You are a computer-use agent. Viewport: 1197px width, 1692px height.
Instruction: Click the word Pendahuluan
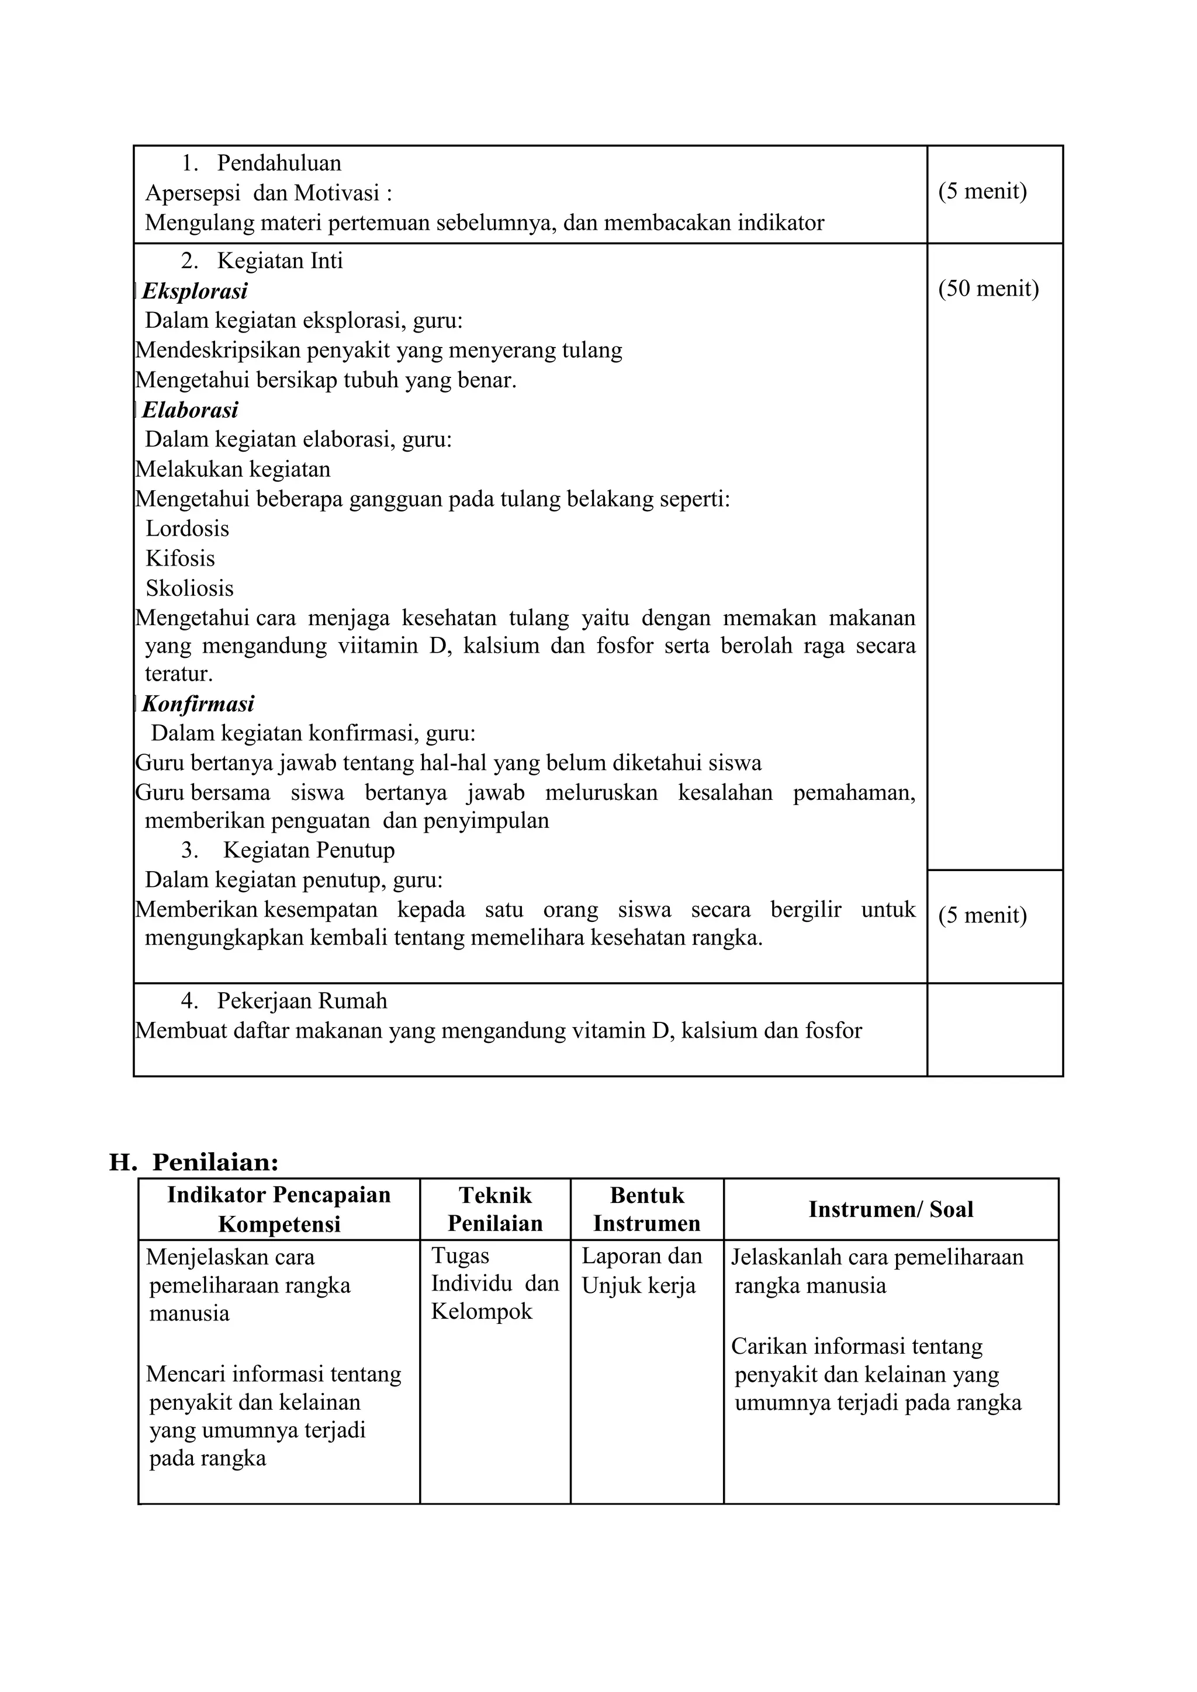click(279, 163)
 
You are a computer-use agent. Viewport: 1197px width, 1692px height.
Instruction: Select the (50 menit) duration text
click(988, 288)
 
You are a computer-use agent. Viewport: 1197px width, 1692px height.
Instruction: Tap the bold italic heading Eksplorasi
click(195, 291)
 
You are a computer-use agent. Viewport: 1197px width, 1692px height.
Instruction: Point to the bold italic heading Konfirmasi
click(198, 704)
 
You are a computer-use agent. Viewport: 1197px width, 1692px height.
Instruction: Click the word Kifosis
click(180, 558)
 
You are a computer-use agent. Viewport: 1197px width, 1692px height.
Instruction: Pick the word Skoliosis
click(189, 588)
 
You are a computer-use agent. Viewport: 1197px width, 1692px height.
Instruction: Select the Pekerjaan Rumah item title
click(302, 1001)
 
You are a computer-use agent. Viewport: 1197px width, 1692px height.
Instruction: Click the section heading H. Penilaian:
click(194, 1162)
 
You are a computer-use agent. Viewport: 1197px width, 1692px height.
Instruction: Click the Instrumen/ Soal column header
click(890, 1209)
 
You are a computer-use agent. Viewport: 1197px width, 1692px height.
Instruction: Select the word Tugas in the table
click(460, 1256)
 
